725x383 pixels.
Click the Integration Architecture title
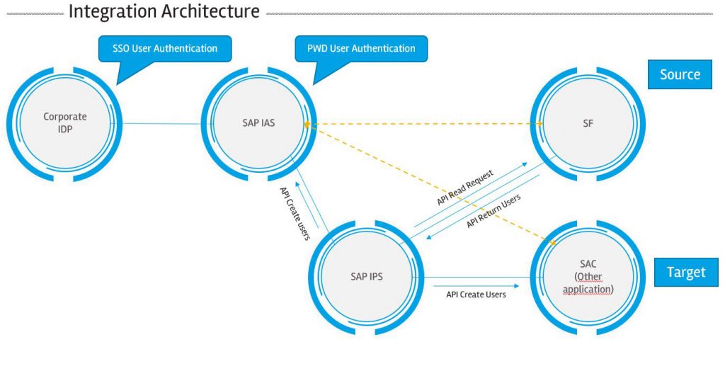(164, 12)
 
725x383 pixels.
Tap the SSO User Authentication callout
(164, 48)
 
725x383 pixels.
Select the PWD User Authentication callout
(361, 48)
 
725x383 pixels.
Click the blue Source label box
(679, 74)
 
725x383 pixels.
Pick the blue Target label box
(686, 272)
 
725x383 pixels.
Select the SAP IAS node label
(253, 122)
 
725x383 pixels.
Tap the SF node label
(587, 122)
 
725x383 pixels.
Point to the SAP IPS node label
(366, 276)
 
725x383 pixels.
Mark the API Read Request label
(464, 188)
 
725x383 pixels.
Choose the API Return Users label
(493, 211)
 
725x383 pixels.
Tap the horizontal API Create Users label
(476, 294)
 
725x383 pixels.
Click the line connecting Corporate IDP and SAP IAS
(156, 124)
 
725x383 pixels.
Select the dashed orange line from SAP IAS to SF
(425, 124)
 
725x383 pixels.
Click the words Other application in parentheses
(587, 282)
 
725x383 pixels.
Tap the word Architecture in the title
(209, 12)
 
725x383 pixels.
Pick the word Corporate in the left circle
(64, 116)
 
